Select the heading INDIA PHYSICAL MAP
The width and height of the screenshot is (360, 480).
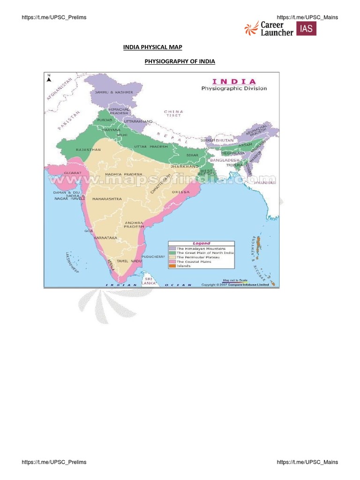152,47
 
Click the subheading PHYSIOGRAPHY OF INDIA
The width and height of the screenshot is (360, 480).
180,61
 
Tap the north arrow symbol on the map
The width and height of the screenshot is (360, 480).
48,79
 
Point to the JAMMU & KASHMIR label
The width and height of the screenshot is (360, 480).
114,92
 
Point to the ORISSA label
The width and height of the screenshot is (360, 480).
180,192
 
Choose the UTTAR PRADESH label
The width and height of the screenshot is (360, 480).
151,147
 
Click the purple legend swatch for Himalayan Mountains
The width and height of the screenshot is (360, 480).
172,248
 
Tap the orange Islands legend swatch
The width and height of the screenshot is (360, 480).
172,266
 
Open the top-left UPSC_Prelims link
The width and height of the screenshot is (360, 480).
54,17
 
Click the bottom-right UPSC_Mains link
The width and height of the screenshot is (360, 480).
307,462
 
